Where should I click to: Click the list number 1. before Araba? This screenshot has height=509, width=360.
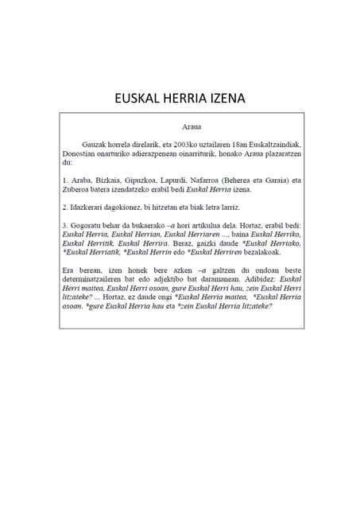pos(64,180)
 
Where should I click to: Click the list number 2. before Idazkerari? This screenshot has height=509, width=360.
pos(64,206)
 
